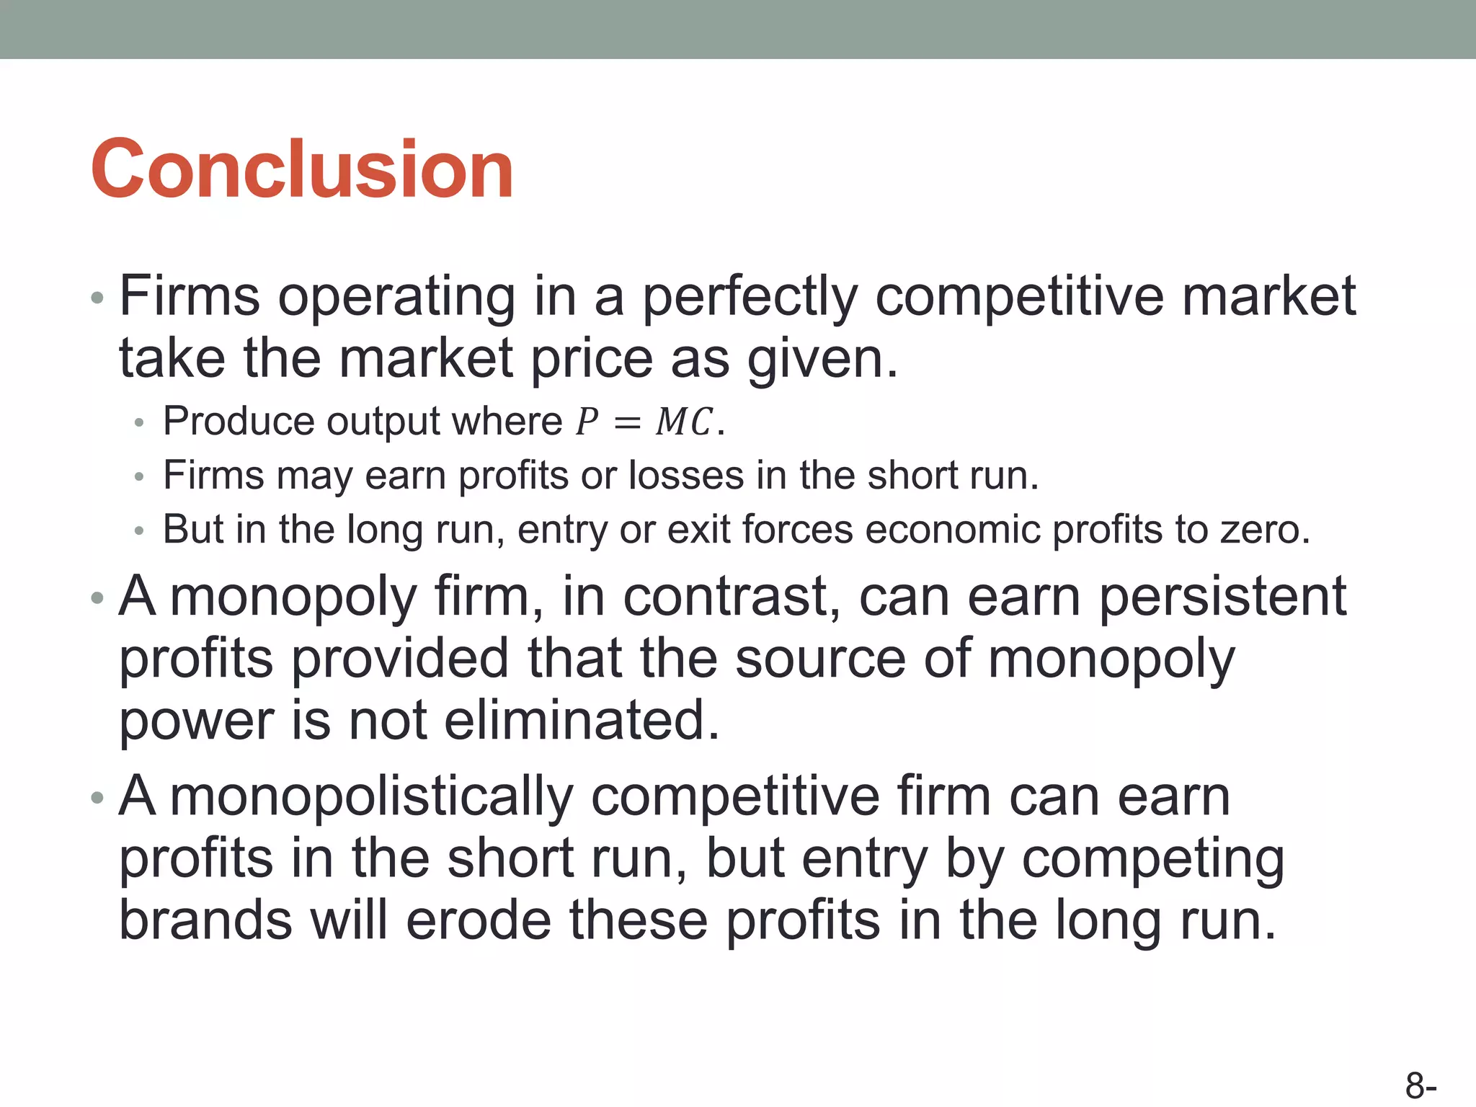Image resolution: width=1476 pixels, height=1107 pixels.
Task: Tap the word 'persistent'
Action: [x=1222, y=597]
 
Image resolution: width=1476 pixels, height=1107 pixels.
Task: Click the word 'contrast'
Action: [x=731, y=597]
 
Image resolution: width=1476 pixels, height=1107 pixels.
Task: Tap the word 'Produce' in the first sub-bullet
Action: [x=239, y=422]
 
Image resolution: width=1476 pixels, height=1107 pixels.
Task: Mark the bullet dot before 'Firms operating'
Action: [x=97, y=298]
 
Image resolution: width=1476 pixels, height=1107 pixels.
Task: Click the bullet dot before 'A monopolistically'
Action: [x=97, y=798]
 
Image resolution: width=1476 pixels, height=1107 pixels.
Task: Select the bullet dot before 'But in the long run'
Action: [x=139, y=531]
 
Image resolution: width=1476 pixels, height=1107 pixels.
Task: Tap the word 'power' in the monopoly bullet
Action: [x=197, y=721]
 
